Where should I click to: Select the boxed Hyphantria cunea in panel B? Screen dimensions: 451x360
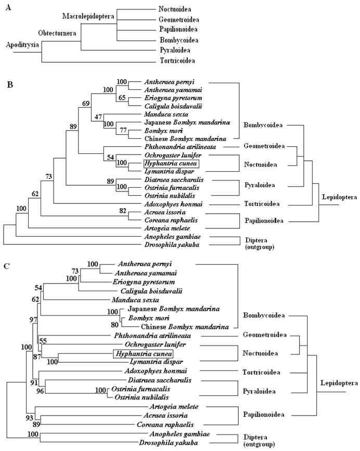coord(171,163)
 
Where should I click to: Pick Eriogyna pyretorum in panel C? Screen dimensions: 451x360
coord(146,281)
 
